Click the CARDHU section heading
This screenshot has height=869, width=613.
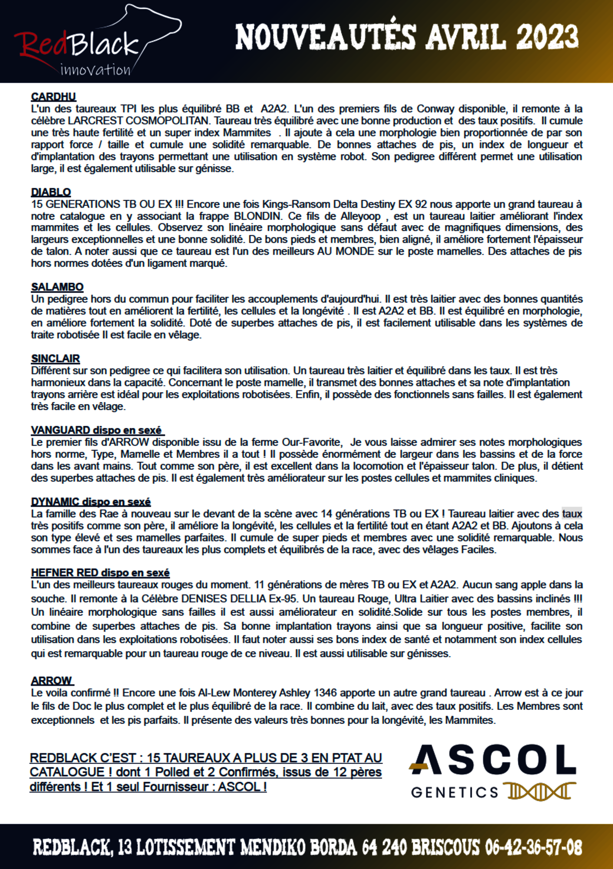(53, 97)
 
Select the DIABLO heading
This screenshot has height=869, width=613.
(51, 192)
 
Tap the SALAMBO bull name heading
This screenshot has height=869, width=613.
(57, 287)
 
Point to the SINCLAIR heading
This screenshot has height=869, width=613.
(55, 358)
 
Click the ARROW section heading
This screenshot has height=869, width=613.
(51, 680)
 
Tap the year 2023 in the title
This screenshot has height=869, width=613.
(547, 37)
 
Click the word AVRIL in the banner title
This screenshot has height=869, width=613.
(466, 37)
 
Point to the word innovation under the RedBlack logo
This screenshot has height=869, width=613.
(95, 70)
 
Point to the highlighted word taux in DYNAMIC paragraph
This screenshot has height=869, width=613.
(572, 514)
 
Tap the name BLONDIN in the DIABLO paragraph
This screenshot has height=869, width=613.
(257, 216)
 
